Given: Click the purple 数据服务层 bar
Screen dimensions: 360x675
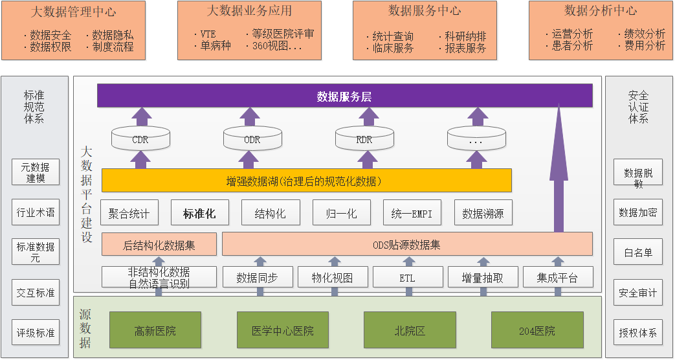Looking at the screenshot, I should [344, 96].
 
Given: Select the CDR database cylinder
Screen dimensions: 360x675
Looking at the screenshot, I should [140, 139].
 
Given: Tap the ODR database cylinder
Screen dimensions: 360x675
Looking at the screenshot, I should [252, 139].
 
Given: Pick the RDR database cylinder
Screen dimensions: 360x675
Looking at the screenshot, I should [364, 139].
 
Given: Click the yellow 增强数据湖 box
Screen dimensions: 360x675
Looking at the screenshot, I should [306, 181].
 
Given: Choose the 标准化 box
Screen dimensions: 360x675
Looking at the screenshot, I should [199, 213].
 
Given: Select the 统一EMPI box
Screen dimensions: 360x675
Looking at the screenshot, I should [412, 213].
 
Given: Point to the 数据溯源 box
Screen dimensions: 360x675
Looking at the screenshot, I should [483, 213].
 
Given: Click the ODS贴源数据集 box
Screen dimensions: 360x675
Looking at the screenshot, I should [406, 244].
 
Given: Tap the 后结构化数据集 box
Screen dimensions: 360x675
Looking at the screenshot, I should [159, 244].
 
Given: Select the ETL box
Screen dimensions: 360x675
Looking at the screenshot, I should [408, 277].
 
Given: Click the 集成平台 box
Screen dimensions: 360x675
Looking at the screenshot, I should [557, 277].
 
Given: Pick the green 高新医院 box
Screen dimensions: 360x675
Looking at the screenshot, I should [155, 330].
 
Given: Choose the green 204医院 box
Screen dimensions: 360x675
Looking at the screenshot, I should [537, 330].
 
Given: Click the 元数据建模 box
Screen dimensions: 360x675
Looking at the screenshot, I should [36, 172].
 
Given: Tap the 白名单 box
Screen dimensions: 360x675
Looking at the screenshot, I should [638, 253].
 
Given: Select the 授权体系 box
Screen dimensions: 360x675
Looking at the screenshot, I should [638, 333].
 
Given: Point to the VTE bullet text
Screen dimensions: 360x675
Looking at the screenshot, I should [208, 34].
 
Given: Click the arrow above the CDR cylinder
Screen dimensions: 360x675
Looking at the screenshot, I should [140, 117].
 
